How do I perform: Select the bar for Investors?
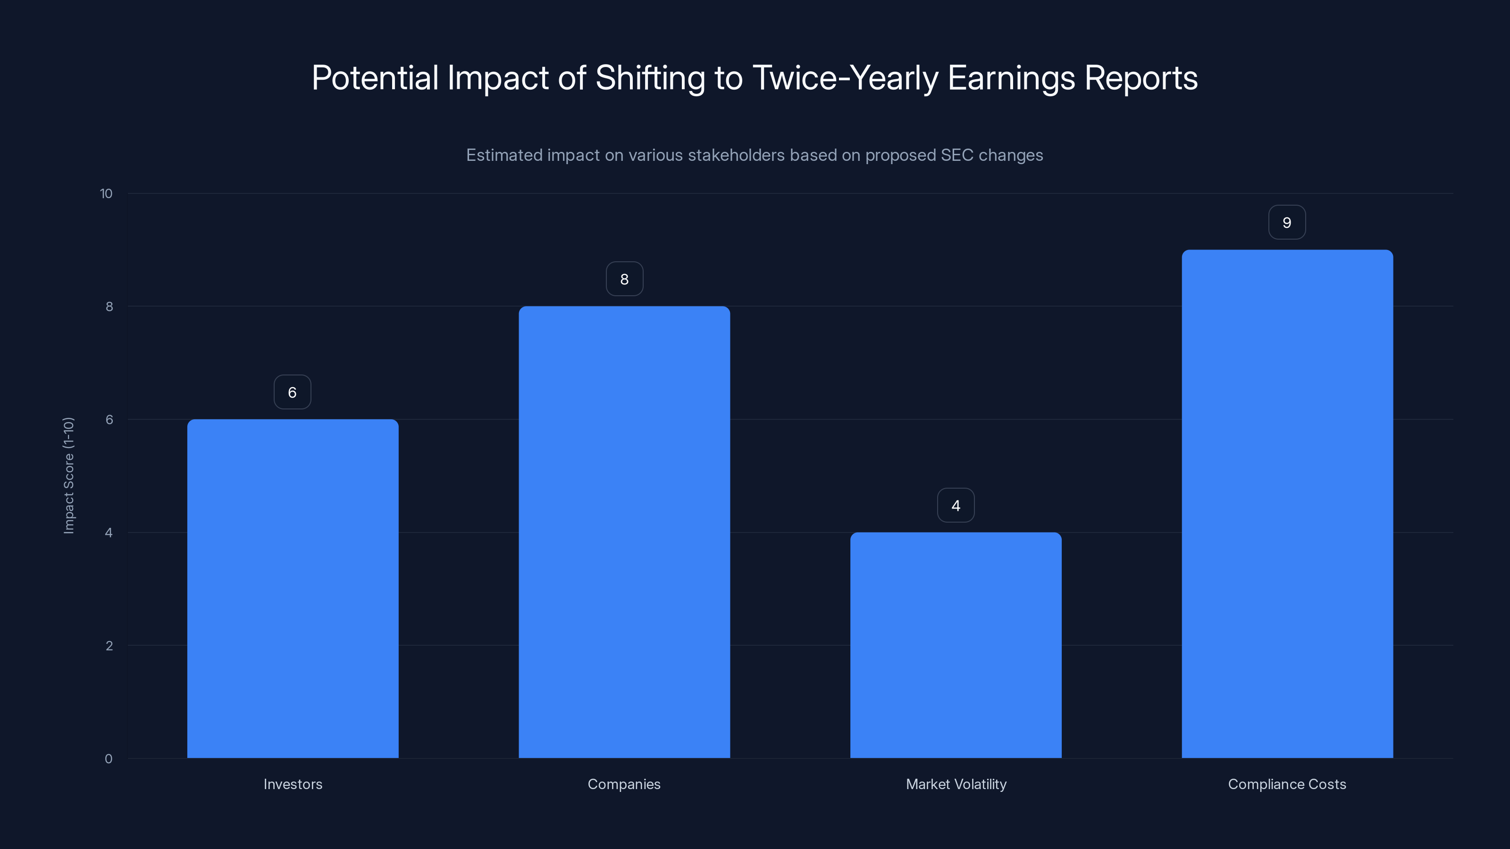(x=293, y=588)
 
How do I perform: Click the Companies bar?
(x=624, y=532)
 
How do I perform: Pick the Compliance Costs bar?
(x=1287, y=504)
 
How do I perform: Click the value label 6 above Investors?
(x=293, y=392)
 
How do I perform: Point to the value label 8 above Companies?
(x=624, y=279)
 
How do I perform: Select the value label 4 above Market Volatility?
(x=956, y=505)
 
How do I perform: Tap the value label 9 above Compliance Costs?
(x=1287, y=222)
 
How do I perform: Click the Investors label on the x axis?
(x=293, y=784)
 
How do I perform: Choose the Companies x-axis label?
(x=624, y=784)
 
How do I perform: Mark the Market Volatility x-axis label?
(x=956, y=784)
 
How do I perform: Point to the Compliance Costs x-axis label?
(x=1287, y=784)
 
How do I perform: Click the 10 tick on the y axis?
(x=106, y=193)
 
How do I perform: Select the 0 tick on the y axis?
(x=109, y=759)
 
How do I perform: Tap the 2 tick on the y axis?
(x=109, y=646)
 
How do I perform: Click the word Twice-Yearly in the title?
(x=845, y=78)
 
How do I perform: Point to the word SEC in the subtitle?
(x=956, y=155)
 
